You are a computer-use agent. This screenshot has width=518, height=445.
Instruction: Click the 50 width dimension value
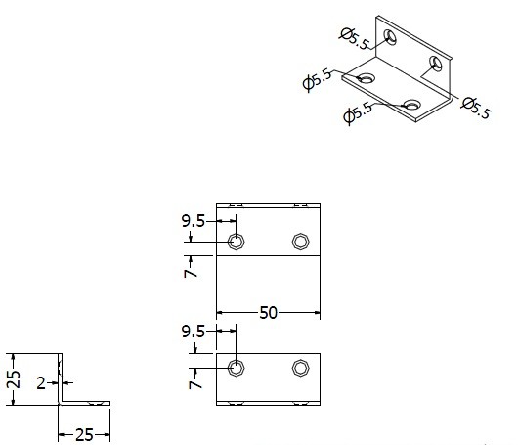(x=268, y=312)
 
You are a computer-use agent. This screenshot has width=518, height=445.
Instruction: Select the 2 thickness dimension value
(x=41, y=383)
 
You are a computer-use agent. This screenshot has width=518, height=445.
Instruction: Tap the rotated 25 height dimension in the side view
(x=14, y=379)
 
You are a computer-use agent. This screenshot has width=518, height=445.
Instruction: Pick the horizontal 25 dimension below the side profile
(x=84, y=435)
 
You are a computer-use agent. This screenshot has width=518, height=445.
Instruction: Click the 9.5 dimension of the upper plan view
(x=194, y=221)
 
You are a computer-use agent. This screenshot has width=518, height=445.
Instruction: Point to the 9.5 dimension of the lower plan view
(x=194, y=332)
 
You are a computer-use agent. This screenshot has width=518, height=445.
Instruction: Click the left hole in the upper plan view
(x=237, y=242)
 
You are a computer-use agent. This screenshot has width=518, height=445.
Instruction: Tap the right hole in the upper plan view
(x=301, y=242)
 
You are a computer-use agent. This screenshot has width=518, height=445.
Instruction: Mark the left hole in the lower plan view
(x=237, y=368)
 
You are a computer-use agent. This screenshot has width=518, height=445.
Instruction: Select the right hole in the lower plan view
(x=301, y=368)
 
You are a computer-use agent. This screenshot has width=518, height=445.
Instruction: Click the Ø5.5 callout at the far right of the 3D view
(x=476, y=108)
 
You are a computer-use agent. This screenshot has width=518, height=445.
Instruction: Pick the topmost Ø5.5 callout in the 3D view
(x=355, y=39)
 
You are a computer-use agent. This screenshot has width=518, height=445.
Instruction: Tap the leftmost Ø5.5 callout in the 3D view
(x=317, y=79)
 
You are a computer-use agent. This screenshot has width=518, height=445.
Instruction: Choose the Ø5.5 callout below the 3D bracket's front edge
(x=358, y=113)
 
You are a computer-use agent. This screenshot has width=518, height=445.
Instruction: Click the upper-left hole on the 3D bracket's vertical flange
(x=390, y=37)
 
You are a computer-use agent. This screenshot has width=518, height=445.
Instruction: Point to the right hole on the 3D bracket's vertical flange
(x=436, y=64)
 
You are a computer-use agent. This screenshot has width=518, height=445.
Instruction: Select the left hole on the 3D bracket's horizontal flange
(x=367, y=78)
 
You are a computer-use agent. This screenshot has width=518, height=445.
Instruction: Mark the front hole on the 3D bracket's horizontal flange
(x=411, y=104)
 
